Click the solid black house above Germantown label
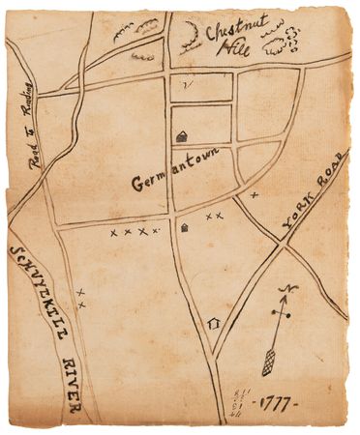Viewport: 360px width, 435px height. (x=181, y=138)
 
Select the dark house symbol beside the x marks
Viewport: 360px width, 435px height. (x=185, y=228)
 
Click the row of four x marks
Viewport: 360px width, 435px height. (x=134, y=232)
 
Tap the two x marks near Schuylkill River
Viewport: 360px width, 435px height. (x=81, y=299)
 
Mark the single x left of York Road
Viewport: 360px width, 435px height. (x=255, y=195)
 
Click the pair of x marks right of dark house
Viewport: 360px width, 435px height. (x=215, y=216)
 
